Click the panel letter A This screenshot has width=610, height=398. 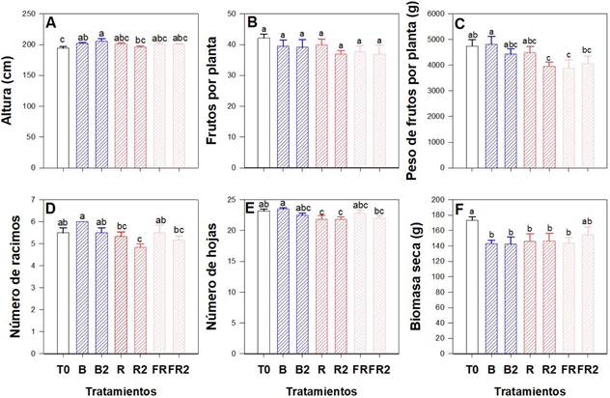click(x=57, y=21)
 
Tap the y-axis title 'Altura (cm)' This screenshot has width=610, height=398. click(x=14, y=90)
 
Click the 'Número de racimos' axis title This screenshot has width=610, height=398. click(x=14, y=274)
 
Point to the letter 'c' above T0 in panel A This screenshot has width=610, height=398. click(x=62, y=39)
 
